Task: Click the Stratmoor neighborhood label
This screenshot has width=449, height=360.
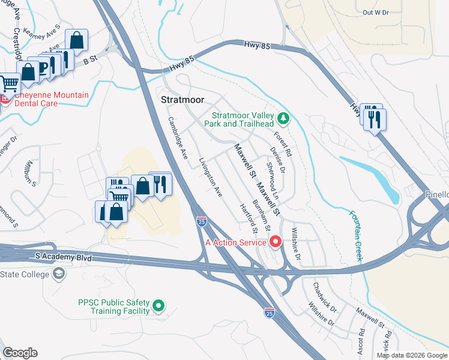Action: pyautogui.click(x=183, y=100)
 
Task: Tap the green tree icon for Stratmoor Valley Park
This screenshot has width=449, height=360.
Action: pyautogui.click(x=284, y=118)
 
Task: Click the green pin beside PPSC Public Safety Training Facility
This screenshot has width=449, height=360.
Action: pyautogui.click(x=158, y=306)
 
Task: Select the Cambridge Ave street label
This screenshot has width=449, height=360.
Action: pyautogui.click(x=178, y=137)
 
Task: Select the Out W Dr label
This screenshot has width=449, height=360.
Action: pyautogui.click(x=376, y=12)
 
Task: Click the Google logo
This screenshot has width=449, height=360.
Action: pyautogui.click(x=20, y=353)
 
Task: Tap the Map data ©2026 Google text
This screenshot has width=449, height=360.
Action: pyautogui.click(x=412, y=355)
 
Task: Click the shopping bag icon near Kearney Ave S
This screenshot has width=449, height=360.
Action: pyautogui.click(x=77, y=41)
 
